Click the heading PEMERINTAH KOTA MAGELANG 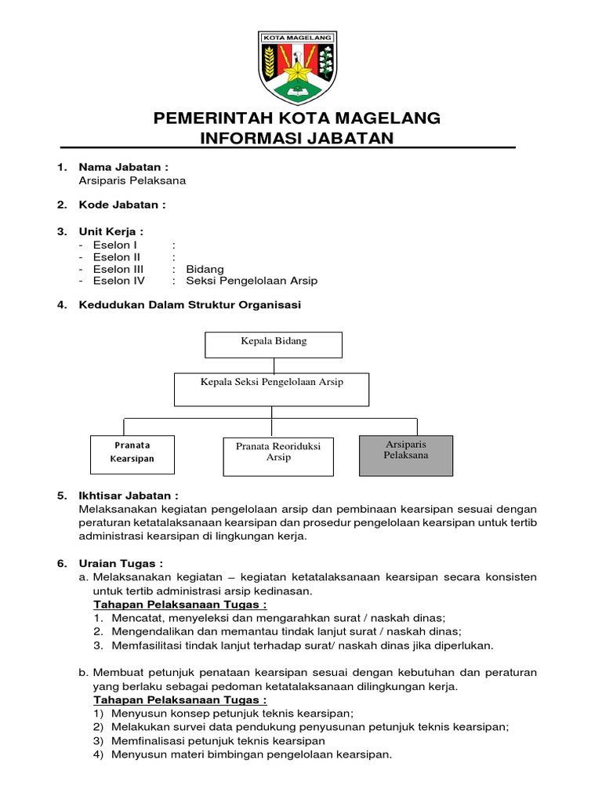297,118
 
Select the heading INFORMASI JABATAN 297,138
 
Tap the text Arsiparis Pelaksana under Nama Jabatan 132,180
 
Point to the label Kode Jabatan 121,205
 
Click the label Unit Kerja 111,231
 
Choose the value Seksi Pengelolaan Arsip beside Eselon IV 252,281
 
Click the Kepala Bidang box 274,344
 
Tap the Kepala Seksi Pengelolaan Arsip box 271,389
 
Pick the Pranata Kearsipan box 132,455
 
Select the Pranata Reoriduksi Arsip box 278,456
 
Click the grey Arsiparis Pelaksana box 406,455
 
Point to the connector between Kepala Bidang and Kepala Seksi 274,365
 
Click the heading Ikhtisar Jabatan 128,496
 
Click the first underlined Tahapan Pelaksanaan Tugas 180,605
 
